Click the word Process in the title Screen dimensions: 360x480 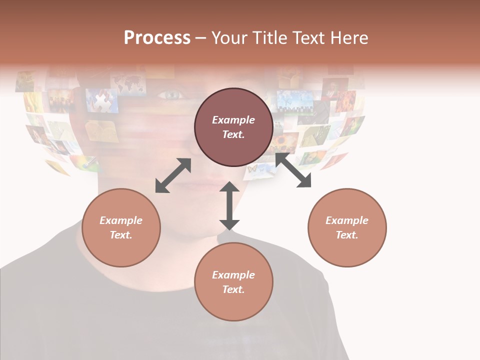157,38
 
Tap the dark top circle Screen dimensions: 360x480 233,127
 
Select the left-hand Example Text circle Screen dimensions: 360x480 121,227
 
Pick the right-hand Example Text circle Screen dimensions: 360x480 347,227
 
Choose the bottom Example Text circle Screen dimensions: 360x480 233,282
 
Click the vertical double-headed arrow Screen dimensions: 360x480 229,205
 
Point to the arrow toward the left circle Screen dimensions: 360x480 173,175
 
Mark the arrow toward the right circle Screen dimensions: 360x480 293,170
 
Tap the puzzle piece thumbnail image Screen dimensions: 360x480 102,100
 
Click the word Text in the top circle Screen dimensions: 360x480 233,134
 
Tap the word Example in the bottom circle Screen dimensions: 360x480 233,274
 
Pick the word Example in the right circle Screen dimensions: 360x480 347,220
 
